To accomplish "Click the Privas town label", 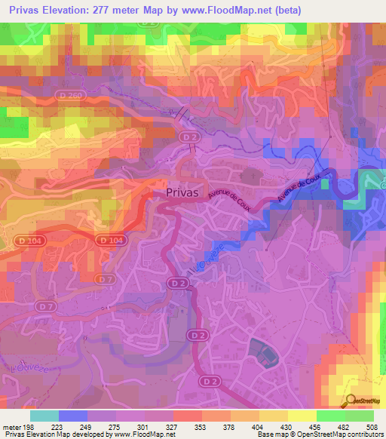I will pos(182,192).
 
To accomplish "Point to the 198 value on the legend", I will pos(29,426).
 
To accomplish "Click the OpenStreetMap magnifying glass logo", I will pos(349,401).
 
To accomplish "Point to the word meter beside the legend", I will pos(11,426).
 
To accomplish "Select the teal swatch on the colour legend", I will pos(44,416).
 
